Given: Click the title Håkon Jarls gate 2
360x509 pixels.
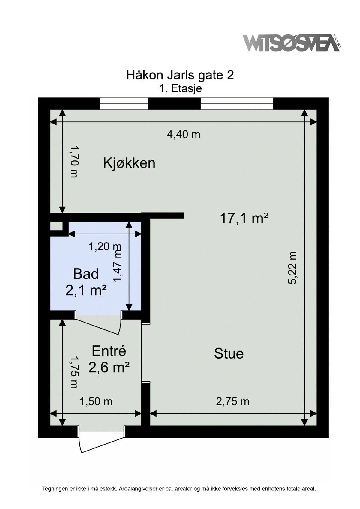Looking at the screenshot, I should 180,75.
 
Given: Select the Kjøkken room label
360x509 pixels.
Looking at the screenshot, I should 129,164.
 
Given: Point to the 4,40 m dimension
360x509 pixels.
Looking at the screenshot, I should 183,135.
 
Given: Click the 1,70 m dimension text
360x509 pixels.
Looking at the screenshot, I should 74,162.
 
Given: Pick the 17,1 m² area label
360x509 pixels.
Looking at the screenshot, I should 244,218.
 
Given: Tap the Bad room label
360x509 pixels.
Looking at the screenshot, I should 86,274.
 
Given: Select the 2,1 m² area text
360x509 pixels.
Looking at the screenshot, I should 86,290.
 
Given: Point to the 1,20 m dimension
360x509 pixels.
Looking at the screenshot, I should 104,247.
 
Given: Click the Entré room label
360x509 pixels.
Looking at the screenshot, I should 109,351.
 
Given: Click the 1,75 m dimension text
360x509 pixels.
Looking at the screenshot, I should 74,372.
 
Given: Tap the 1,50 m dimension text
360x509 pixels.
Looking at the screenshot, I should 96,401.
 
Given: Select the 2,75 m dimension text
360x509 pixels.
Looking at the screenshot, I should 232,401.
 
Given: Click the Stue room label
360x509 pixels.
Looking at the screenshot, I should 229,353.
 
